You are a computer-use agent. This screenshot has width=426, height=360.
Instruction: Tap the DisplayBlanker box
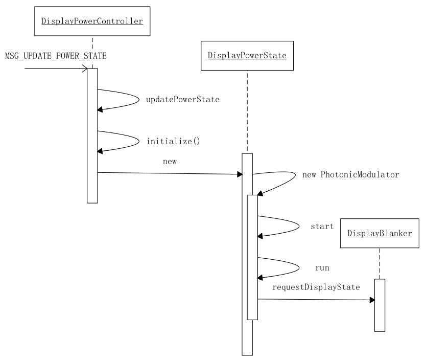coord(380,233)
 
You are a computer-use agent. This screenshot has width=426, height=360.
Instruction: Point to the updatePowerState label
coord(183,100)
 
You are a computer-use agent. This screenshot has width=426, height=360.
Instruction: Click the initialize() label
coord(173,141)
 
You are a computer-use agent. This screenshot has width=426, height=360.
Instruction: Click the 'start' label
coord(322,226)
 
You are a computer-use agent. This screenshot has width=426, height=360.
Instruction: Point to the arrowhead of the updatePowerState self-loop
coord(101,109)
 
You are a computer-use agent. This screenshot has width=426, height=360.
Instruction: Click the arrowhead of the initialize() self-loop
coord(101,151)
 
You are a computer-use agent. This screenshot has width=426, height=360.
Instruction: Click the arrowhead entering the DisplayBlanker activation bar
coord(371,300)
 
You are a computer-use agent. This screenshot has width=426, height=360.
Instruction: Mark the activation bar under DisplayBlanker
coord(380,305)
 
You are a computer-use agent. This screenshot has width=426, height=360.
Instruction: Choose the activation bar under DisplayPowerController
coord(92,136)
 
